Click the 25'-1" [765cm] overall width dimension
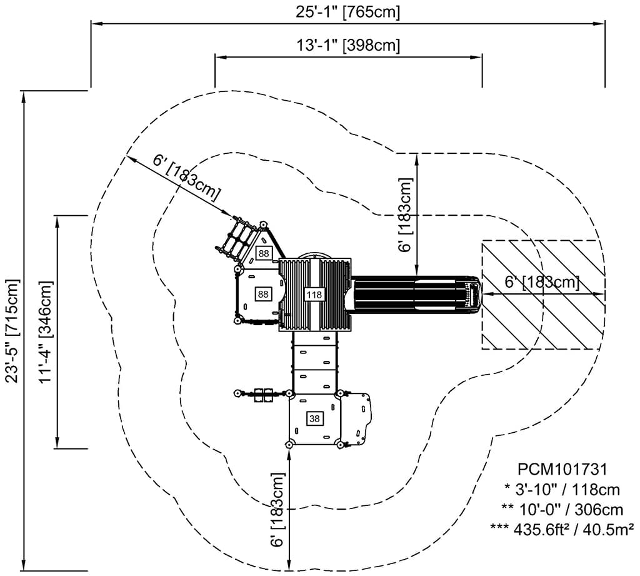pyautogui.click(x=347, y=11)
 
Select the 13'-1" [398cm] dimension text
pyautogui.click(x=347, y=45)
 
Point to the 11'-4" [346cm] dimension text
pyautogui.click(x=45, y=331)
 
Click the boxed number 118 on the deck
pyautogui.click(x=314, y=294)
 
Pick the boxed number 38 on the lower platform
pyautogui.click(x=314, y=418)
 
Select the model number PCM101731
pyautogui.click(x=562, y=468)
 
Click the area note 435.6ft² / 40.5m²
pyautogui.click(x=562, y=528)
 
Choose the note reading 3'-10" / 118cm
pyautogui.click(x=562, y=488)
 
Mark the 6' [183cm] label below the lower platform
pyautogui.click(x=279, y=510)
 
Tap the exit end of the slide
pyautogui.click(x=476, y=294)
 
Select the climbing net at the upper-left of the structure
pyautogui.click(x=234, y=238)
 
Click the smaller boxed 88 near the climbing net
pyautogui.click(x=263, y=253)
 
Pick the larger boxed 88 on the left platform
pyautogui.click(x=263, y=293)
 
